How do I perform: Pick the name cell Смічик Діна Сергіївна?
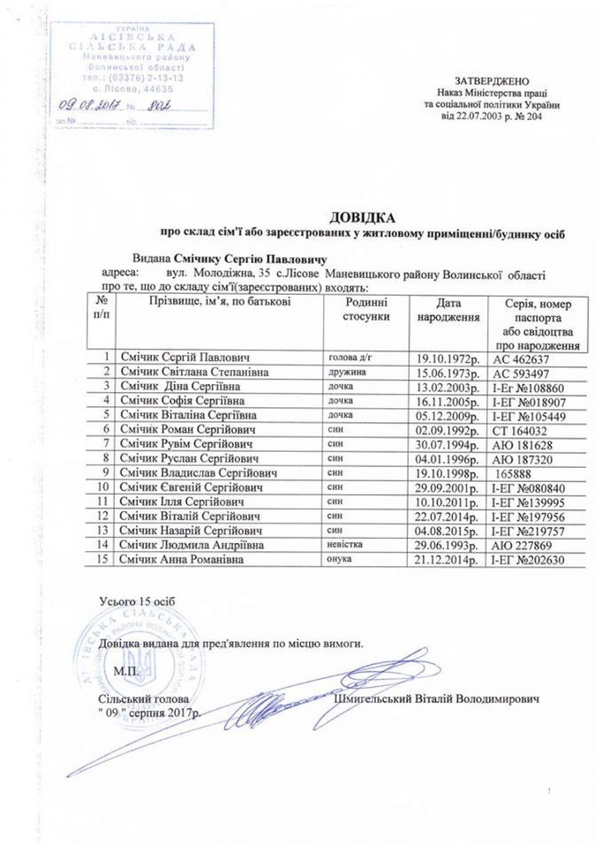click(180, 386)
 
